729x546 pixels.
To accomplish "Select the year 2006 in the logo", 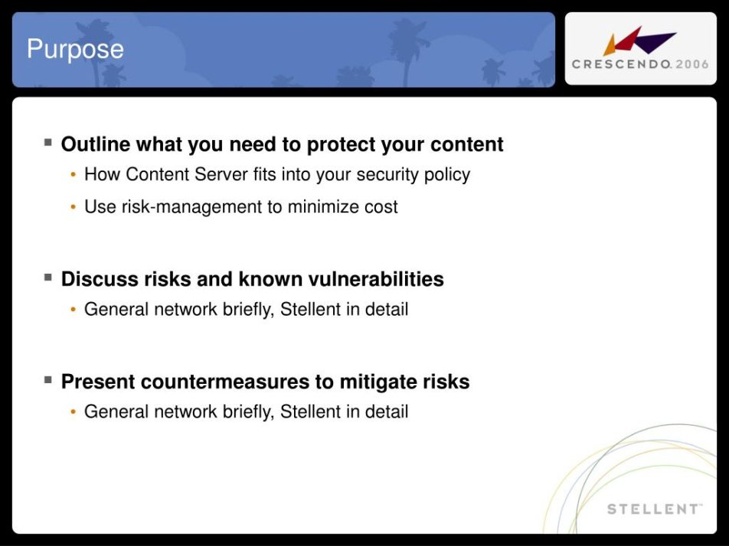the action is [692, 64].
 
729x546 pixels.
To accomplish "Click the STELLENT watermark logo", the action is [654, 509].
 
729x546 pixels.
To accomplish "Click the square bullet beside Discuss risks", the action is [48, 278].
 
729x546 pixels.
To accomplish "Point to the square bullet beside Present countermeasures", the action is [48, 380].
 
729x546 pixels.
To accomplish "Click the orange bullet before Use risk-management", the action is [73, 207].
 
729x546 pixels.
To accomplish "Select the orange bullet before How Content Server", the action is [73, 175].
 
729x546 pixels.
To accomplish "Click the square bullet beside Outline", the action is [48, 142].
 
